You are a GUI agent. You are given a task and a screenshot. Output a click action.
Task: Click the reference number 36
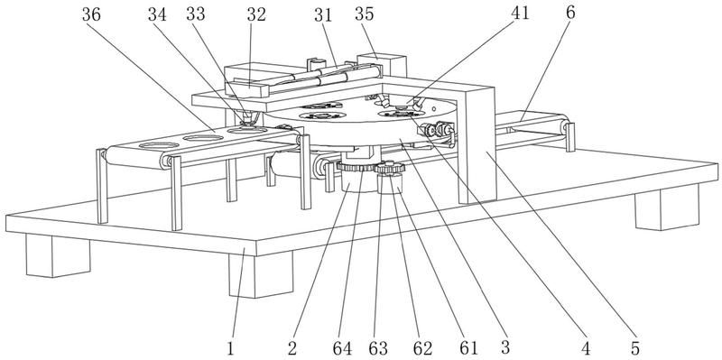[x=92, y=14]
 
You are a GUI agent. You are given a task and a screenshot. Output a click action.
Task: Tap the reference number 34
[x=157, y=14]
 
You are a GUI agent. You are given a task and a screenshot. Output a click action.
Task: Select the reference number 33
[x=196, y=14]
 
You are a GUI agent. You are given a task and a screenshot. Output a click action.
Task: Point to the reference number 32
[x=256, y=14]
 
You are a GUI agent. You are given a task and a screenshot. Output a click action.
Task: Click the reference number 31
[x=323, y=14]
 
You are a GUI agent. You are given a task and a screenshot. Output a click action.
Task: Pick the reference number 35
[x=365, y=14]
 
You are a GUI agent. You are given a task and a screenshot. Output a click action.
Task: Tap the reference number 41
[x=521, y=13]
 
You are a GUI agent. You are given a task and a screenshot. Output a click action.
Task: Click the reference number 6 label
[x=570, y=13]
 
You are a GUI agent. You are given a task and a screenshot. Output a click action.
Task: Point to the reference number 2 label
[x=292, y=348]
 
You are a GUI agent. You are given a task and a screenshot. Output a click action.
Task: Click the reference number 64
[x=342, y=348]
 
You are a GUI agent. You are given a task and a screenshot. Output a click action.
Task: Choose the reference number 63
[x=378, y=348]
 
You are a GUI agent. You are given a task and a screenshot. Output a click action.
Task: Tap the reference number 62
[x=422, y=348]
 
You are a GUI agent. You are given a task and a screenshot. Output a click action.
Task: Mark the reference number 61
[x=468, y=348]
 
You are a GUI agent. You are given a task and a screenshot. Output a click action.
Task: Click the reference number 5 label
[x=635, y=348]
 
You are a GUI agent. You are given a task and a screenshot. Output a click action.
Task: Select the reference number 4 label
[x=586, y=348]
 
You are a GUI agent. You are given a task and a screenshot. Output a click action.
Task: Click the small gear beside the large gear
[x=390, y=169]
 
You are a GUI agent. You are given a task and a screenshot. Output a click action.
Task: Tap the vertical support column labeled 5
[x=477, y=145]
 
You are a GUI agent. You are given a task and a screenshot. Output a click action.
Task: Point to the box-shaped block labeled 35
[x=381, y=65]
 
